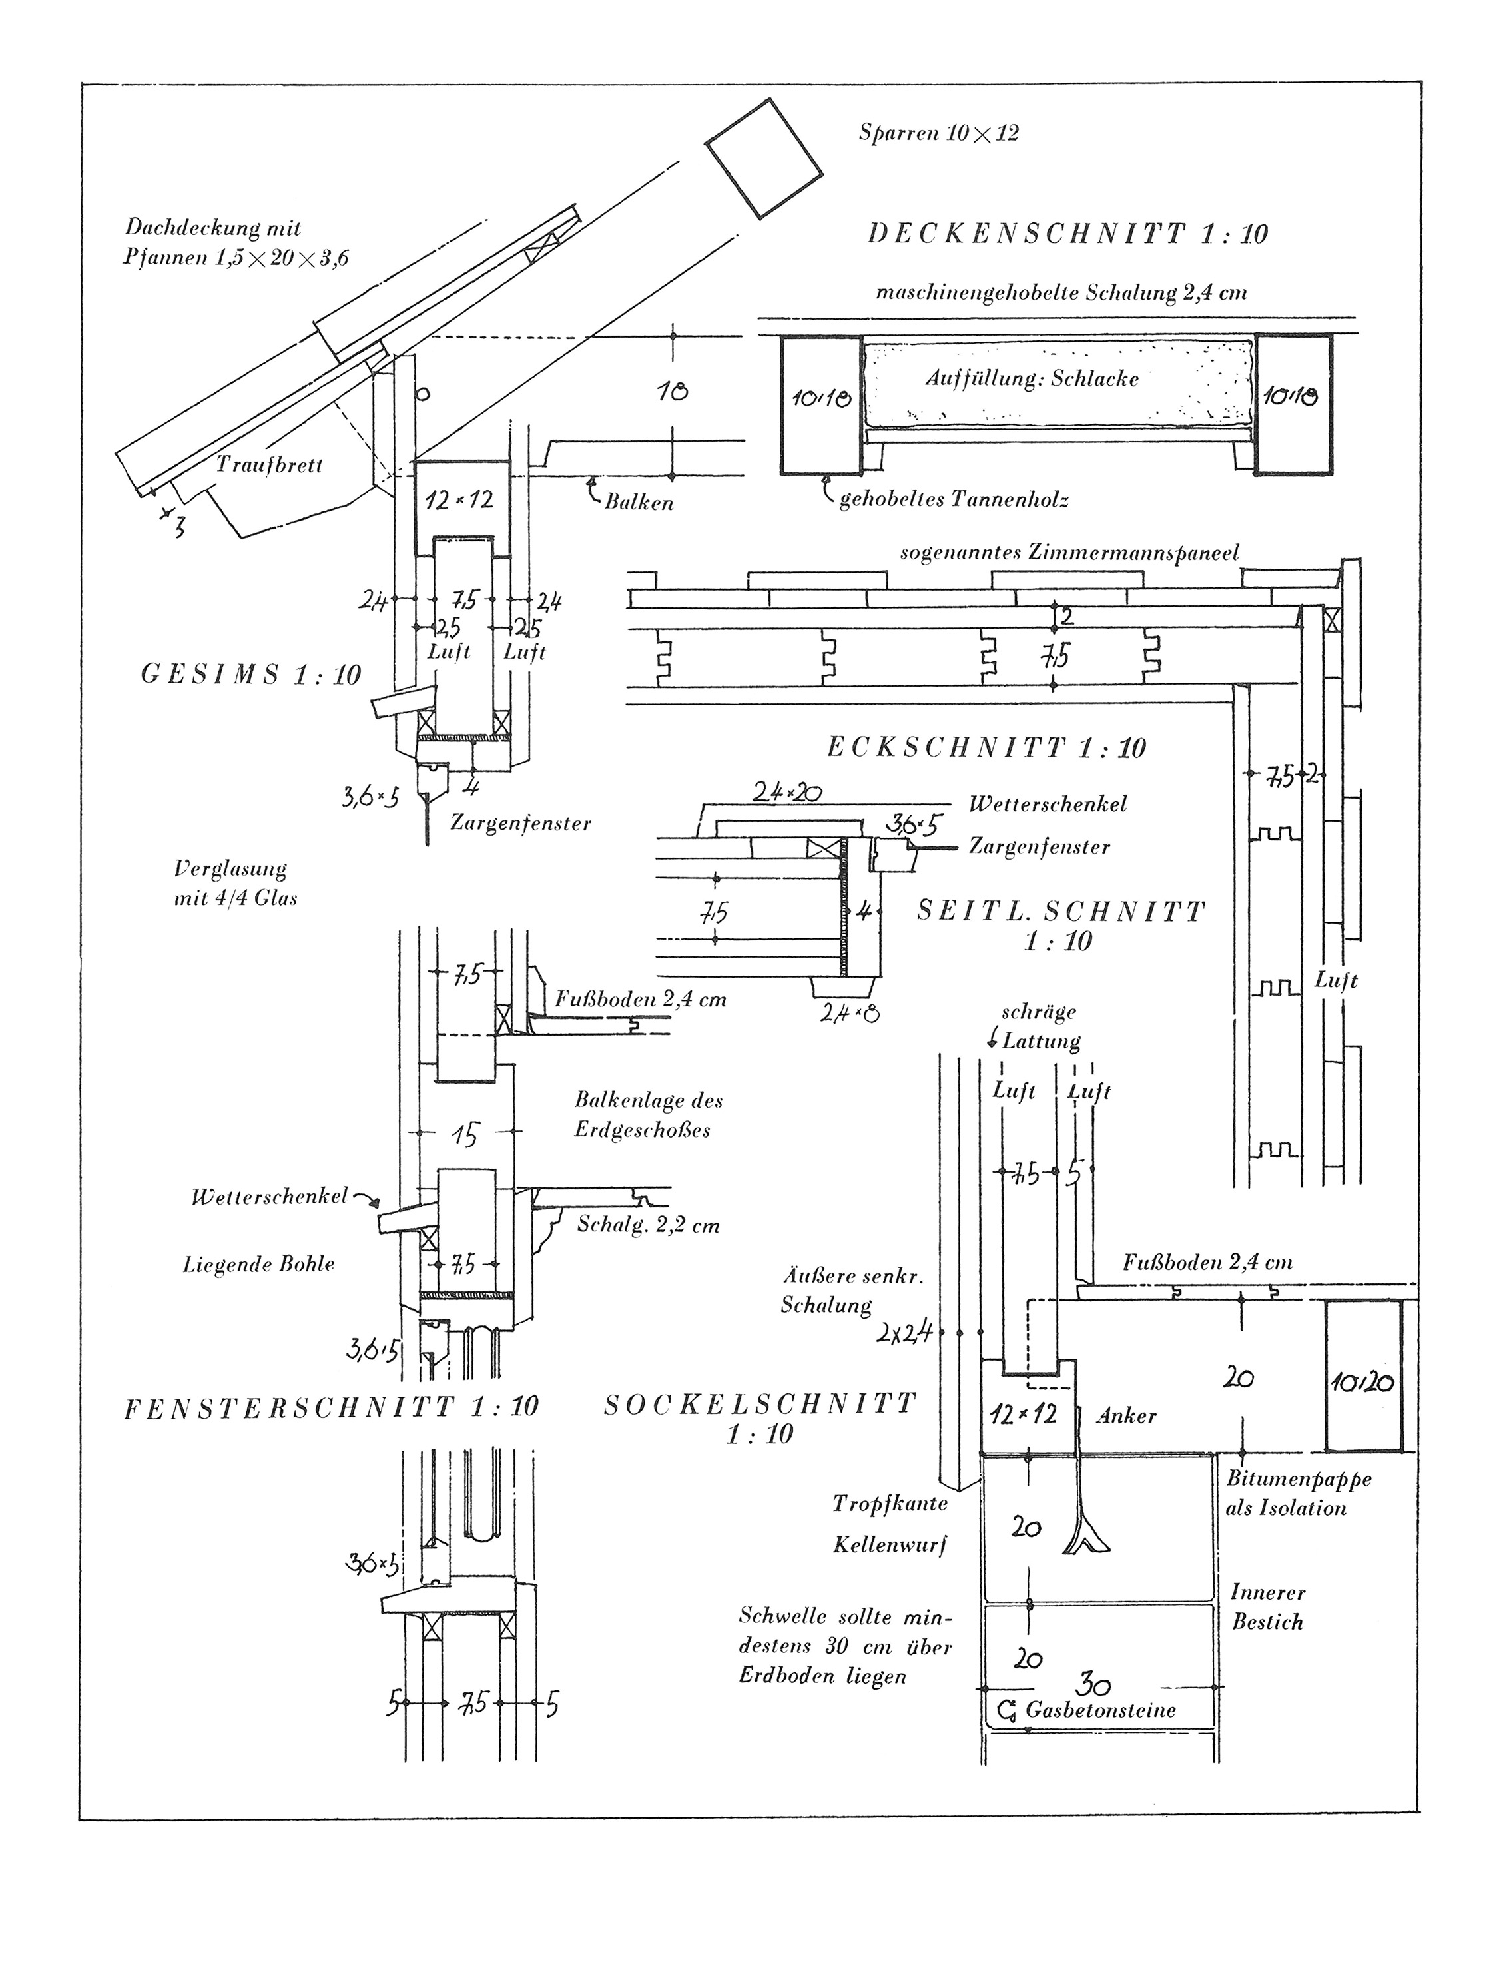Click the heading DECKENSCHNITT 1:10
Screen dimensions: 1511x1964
(x=1067, y=234)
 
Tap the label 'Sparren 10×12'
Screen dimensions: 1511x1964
(x=938, y=134)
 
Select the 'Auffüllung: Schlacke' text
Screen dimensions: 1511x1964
(x=1032, y=378)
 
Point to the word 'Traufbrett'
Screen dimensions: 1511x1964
(x=269, y=465)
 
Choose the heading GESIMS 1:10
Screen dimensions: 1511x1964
(x=251, y=675)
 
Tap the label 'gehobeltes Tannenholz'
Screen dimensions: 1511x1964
(x=954, y=500)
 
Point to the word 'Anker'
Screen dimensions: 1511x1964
(x=1126, y=1415)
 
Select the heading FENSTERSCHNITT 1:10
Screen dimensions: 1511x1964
(x=331, y=1407)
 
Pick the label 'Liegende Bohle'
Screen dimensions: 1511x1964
(x=259, y=1264)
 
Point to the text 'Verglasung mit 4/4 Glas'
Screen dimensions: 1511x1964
(x=235, y=883)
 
